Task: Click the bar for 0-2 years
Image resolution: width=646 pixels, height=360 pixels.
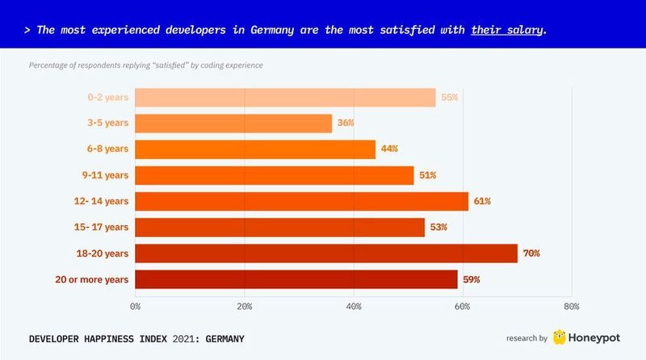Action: [x=285, y=98]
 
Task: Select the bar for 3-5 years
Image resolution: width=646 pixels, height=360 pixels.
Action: [x=233, y=123]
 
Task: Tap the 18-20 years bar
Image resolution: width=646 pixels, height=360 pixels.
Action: [x=326, y=253]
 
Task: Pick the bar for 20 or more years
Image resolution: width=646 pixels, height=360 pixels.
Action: [x=296, y=279]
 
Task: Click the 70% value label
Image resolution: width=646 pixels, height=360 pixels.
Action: [x=531, y=253]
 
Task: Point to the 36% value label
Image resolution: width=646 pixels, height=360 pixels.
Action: [x=346, y=123]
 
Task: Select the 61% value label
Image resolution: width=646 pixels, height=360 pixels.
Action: [x=482, y=201]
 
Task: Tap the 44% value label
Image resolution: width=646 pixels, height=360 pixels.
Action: [x=389, y=149]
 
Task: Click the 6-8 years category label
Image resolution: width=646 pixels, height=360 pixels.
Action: [x=107, y=149]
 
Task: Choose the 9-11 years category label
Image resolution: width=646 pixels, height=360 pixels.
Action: [x=106, y=175]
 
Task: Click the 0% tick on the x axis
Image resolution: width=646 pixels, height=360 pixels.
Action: [x=136, y=307]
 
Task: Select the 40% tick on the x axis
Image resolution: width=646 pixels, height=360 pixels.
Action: [x=354, y=307]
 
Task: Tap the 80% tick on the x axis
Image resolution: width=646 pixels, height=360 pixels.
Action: [x=571, y=307]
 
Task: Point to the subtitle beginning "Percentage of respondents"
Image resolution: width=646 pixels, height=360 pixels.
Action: [x=145, y=65]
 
